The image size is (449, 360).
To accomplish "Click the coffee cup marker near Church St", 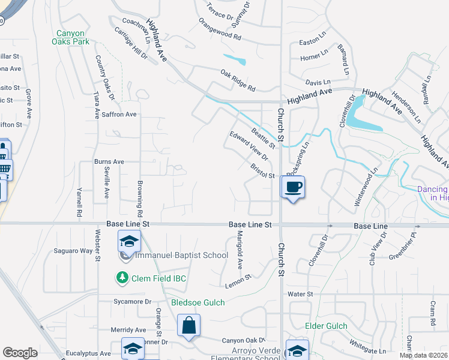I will (293, 187).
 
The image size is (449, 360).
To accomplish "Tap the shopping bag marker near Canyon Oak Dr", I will (188, 326).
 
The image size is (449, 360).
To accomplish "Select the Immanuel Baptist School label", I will (181, 256).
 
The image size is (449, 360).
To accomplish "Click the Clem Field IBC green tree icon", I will (122, 278).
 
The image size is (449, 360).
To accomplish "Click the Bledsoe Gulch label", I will (198, 303).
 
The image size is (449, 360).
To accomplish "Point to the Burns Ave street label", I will (109, 162).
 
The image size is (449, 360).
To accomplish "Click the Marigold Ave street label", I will (239, 249).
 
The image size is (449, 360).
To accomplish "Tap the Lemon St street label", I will (237, 280).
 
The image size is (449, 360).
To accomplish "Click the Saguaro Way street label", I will (71, 251).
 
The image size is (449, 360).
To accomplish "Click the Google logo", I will (20, 353).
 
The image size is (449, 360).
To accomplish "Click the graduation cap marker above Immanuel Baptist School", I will (128, 241).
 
